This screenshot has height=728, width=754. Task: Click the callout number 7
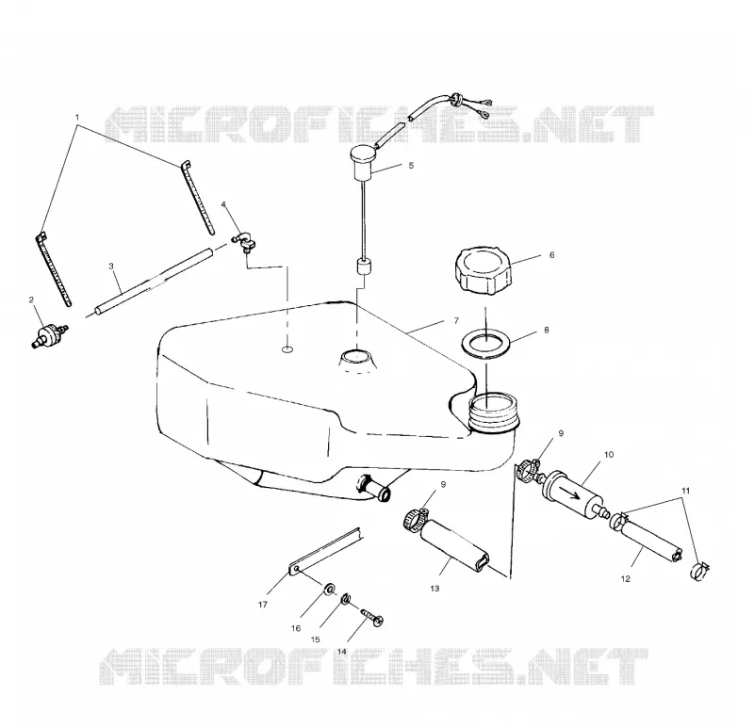456,320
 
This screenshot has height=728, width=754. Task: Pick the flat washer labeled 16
330,588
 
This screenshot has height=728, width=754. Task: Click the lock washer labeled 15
346,599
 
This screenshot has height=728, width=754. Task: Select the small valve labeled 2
48,334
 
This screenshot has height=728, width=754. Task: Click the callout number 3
111,267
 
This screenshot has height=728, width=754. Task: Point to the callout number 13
434,589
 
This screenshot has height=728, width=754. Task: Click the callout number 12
625,579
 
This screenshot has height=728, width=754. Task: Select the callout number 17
263,605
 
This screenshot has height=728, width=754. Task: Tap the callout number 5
411,166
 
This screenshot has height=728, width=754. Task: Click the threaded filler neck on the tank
493,413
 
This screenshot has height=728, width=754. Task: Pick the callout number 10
609,455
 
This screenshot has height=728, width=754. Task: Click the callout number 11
686,491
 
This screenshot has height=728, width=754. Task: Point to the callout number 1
77,117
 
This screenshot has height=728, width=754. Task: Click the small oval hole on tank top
287,349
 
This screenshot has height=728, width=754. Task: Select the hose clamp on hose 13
415,521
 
